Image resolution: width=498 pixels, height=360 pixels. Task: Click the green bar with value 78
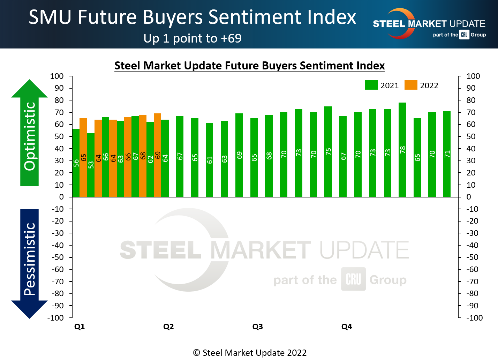coord(402,150)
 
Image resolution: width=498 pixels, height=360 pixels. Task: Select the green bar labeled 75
coord(328,152)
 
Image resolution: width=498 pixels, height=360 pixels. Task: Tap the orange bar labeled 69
coord(158,155)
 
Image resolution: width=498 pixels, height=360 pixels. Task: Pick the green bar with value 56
coord(76,163)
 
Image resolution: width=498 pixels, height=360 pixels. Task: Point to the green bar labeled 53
coord(91,165)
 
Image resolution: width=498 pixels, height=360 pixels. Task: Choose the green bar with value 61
coord(209,160)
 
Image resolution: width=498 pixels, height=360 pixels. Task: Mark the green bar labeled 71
coord(447,154)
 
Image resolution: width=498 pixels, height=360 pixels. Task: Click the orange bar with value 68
coord(143,156)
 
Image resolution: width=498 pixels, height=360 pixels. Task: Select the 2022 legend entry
coord(421,85)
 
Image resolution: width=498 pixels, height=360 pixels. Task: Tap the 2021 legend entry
coord(382,85)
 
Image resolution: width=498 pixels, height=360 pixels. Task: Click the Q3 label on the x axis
coord(258,327)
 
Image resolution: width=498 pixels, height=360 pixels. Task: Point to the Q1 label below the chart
coord(80,327)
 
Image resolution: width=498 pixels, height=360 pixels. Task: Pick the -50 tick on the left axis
coord(58,257)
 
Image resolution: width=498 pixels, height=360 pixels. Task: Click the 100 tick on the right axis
coord(473,76)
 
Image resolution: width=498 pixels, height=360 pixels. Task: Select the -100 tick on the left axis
coord(56,318)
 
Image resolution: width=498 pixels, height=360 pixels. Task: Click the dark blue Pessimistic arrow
coord(30,262)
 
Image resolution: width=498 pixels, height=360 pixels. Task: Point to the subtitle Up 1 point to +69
coord(193,38)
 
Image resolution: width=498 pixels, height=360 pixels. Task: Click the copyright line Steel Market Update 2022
coord(250,353)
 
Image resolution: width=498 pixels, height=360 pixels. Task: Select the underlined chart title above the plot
coord(249,66)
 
